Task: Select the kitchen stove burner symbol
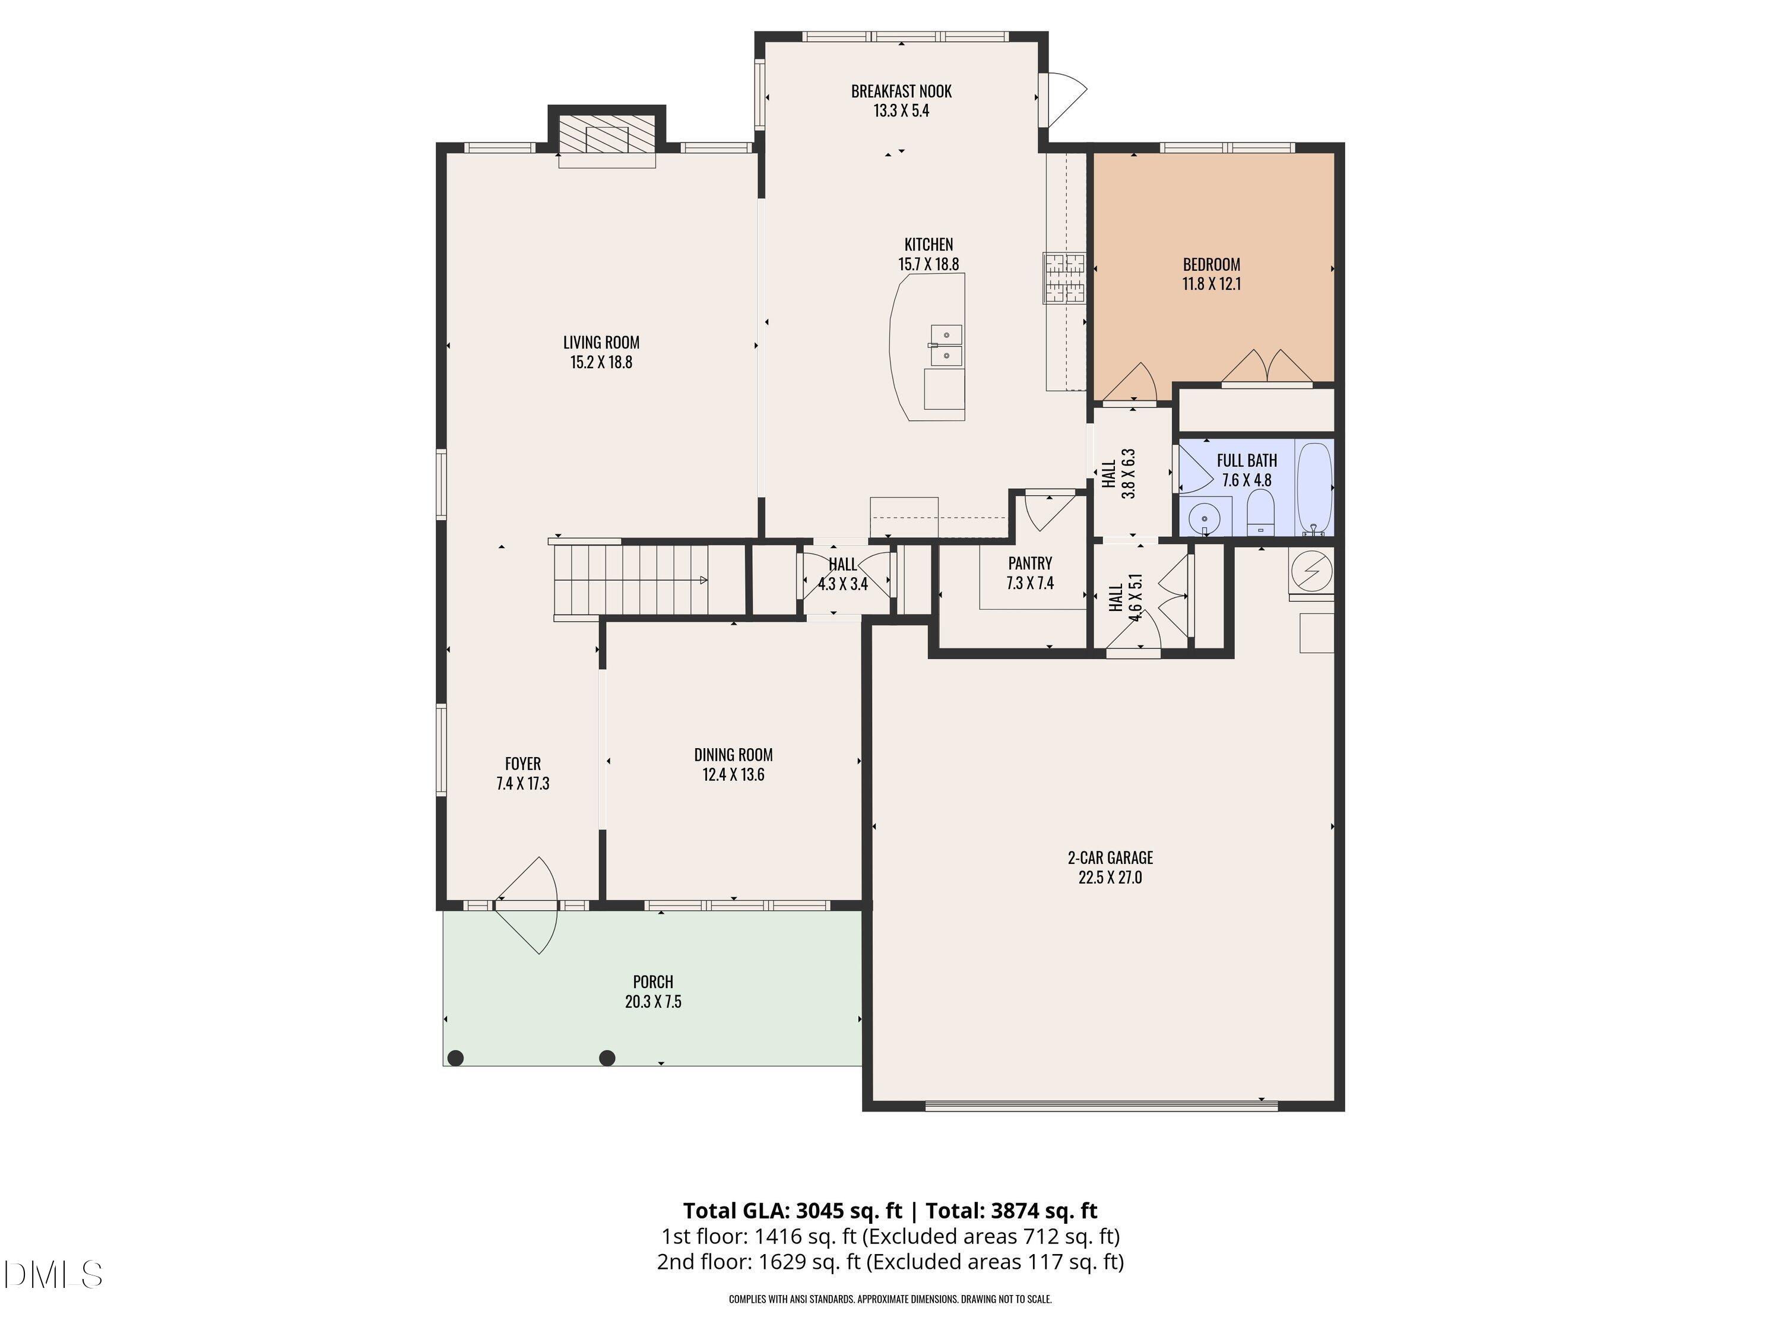(x=1064, y=278)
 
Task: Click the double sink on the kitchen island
(x=946, y=344)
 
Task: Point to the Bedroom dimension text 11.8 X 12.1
(x=1211, y=283)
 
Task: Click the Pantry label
(x=1030, y=563)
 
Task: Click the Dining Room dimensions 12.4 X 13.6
(x=733, y=775)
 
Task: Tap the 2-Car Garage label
(x=1110, y=857)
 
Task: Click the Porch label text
(x=653, y=982)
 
